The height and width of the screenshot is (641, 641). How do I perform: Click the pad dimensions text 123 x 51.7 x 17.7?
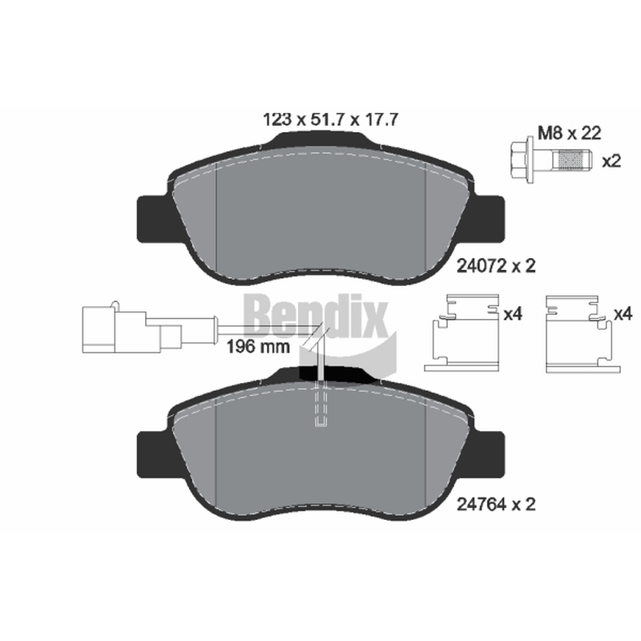point(330,119)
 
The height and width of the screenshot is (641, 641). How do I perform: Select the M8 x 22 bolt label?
point(569,133)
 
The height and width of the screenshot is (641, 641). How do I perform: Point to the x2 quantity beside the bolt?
point(611,161)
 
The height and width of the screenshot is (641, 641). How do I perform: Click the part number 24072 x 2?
point(495,266)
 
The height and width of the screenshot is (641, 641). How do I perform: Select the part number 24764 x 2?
point(495,505)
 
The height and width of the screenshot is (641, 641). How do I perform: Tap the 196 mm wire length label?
point(258,347)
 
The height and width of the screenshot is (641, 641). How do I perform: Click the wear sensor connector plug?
point(131,329)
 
